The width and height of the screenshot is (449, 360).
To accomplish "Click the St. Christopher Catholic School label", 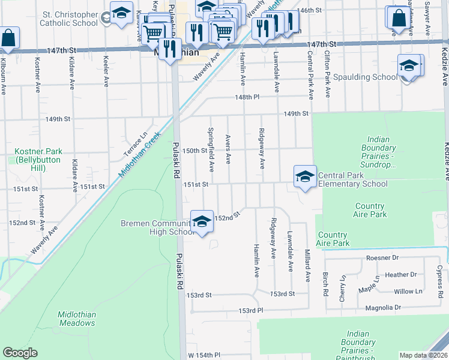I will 68,18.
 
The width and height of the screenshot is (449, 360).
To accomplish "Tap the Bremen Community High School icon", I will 202,222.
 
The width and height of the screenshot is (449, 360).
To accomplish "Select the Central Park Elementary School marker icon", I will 305,176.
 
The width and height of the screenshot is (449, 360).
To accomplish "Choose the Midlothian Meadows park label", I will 76,319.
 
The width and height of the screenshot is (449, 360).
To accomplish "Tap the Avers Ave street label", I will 228,149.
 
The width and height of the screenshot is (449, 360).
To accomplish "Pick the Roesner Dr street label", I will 382,258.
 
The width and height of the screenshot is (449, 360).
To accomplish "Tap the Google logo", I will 20,353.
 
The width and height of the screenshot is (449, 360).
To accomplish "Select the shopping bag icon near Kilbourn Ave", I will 8,38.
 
